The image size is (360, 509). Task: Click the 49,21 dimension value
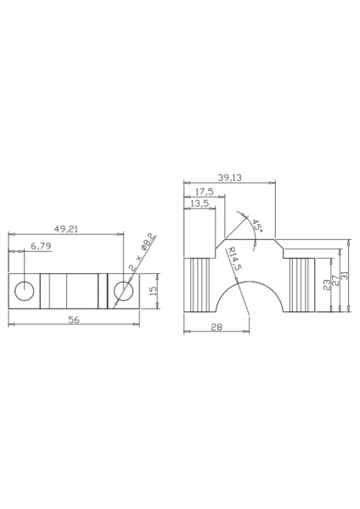(x=66, y=229)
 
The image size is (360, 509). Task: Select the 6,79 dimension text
(x=41, y=246)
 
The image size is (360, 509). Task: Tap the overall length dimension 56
(x=74, y=320)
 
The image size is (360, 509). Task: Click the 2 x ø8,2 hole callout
(x=143, y=252)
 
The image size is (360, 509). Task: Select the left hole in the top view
(x=25, y=291)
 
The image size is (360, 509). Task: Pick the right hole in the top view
(x=123, y=291)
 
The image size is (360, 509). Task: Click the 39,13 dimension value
(x=230, y=177)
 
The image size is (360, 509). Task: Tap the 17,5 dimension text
(x=204, y=192)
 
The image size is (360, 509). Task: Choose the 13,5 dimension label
(x=200, y=204)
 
